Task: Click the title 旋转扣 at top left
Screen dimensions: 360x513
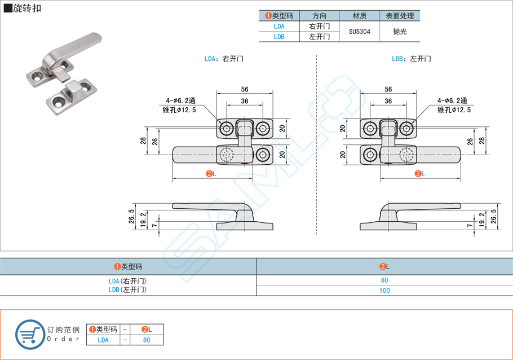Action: (x=26, y=8)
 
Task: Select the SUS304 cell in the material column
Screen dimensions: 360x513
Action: (x=360, y=32)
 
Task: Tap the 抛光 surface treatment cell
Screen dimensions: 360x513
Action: (x=400, y=32)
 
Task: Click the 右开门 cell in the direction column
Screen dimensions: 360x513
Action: (x=320, y=27)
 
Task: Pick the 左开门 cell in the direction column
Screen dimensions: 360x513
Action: (x=320, y=37)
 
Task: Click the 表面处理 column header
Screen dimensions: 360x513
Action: (x=400, y=16)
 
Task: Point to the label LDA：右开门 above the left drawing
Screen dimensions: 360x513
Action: (x=224, y=59)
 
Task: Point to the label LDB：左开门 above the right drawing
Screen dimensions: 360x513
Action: (x=411, y=59)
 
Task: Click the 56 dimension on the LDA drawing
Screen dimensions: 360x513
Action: (x=245, y=89)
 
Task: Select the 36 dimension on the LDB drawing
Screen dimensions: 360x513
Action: (x=388, y=101)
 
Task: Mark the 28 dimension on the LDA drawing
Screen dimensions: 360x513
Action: (x=143, y=141)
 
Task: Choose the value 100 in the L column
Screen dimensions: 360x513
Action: (x=384, y=291)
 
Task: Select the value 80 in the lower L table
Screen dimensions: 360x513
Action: (x=384, y=280)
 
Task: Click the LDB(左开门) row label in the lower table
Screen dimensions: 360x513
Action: (x=127, y=290)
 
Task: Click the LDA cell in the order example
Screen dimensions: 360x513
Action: (x=103, y=340)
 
